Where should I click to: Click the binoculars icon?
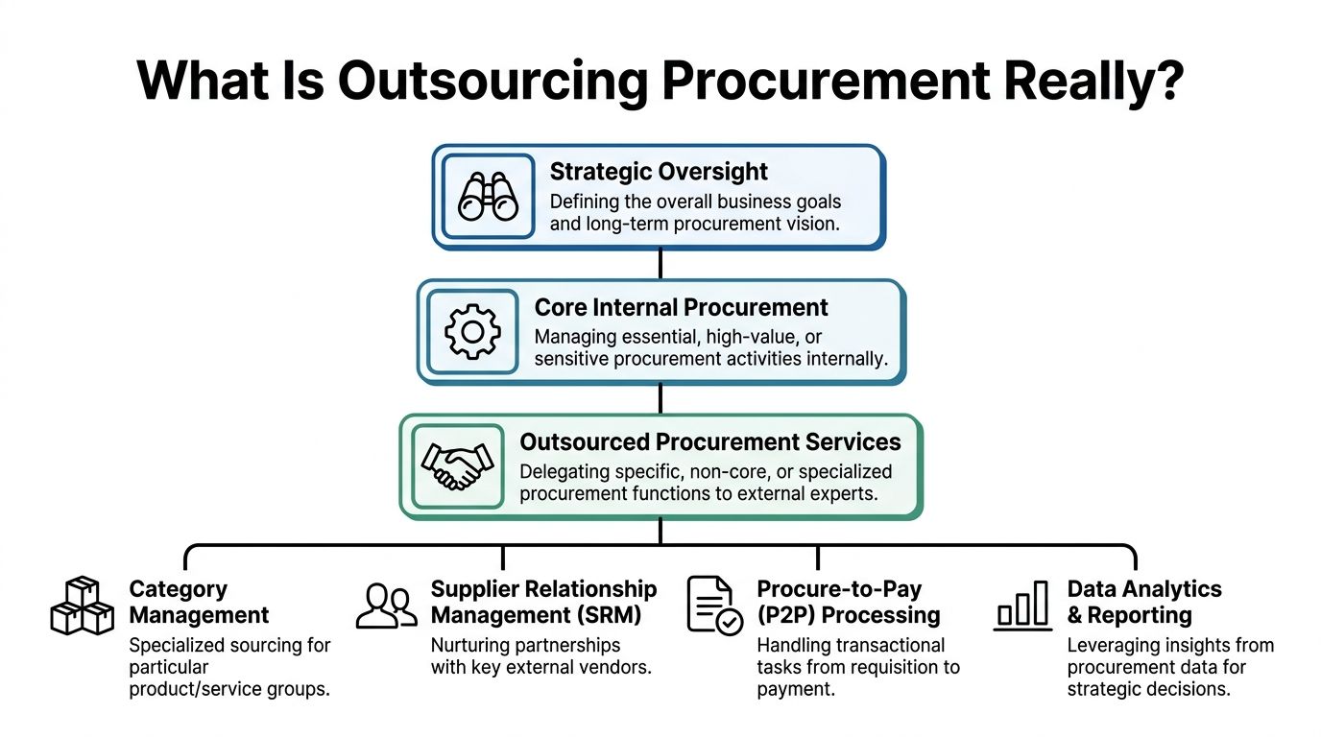click(488, 196)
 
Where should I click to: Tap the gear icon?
click(471, 331)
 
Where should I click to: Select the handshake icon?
click(457, 465)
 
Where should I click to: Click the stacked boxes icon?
click(82, 606)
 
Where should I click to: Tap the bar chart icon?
click(1022, 606)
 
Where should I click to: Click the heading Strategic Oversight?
click(659, 172)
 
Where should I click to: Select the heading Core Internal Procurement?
click(681, 307)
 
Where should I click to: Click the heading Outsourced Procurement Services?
click(710, 442)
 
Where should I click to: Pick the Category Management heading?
click(199, 602)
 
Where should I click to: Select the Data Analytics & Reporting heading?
click(1144, 602)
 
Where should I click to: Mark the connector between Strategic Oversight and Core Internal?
click(660, 265)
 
